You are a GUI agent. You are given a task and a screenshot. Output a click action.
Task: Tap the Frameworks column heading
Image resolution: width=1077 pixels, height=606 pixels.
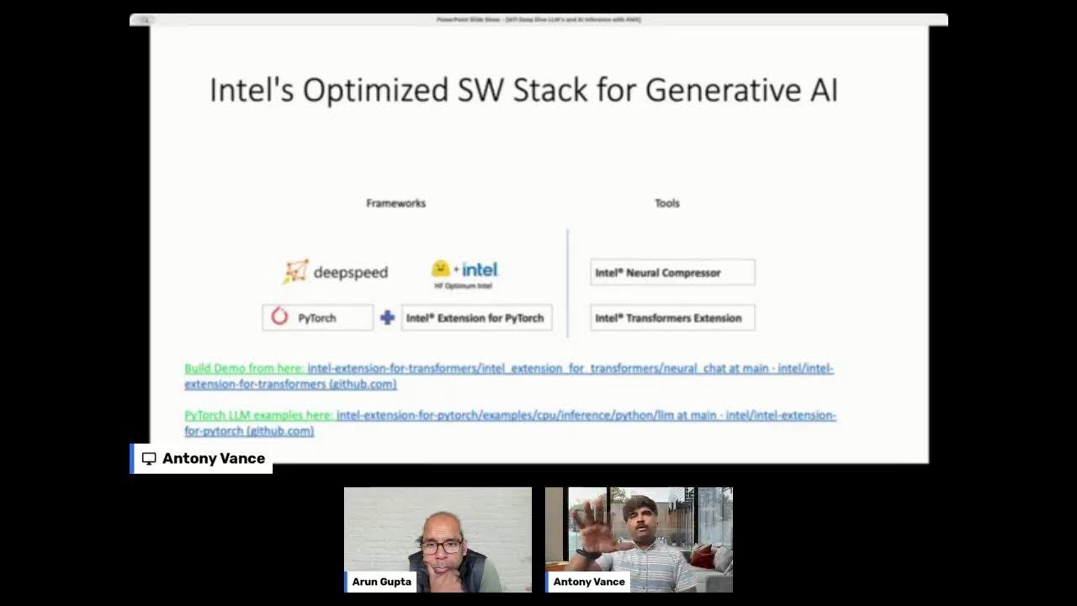coord(395,203)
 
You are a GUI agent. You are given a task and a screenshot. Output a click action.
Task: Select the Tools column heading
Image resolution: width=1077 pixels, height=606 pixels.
coord(666,203)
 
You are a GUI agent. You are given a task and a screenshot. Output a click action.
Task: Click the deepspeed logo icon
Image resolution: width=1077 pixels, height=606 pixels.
coord(295,271)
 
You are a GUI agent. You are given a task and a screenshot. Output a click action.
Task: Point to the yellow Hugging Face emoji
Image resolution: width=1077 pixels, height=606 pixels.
coord(441,268)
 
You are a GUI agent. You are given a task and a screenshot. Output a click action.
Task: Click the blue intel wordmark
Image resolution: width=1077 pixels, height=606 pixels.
coord(480,269)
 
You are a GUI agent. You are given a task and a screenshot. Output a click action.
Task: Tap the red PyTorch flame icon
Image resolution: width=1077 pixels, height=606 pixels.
coord(280,316)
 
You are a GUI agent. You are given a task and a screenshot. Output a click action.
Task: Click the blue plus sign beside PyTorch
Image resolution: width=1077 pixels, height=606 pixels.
coord(387,317)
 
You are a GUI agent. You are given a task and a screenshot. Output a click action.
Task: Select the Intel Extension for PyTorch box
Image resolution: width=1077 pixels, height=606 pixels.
coord(476,317)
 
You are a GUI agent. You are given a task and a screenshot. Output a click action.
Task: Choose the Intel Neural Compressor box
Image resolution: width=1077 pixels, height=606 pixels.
coord(672,272)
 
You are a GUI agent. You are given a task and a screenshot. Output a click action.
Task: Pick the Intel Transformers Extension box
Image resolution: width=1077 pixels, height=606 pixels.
coord(672,317)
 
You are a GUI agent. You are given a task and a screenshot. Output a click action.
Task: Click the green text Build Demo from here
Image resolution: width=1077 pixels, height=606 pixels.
coord(243,368)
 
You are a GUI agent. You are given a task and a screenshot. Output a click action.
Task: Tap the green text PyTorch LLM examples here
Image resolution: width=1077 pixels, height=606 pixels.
coord(258,415)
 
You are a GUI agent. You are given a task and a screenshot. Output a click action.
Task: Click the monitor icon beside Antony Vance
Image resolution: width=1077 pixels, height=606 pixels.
coord(149,459)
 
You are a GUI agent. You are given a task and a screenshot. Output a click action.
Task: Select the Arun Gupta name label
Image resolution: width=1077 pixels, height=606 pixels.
coord(382,582)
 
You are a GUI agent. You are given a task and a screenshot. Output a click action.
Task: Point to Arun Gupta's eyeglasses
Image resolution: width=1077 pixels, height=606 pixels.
coord(441,546)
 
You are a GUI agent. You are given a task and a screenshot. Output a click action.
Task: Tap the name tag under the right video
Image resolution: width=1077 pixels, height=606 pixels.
coord(589,582)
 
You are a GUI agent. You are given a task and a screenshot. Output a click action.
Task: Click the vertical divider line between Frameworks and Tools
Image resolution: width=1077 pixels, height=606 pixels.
coord(568,283)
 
